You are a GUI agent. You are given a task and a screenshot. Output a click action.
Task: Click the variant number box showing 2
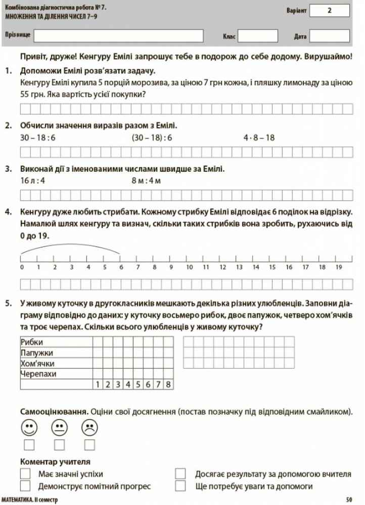coord(329,10)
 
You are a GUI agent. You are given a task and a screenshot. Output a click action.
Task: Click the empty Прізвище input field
coord(118,35)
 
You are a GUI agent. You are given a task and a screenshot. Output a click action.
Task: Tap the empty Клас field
coord(258,36)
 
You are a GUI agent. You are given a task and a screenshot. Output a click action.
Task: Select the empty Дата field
coord(329,36)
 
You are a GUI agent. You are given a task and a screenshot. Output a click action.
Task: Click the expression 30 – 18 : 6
coord(38,137)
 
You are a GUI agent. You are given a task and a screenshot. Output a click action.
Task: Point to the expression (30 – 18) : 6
coord(152,137)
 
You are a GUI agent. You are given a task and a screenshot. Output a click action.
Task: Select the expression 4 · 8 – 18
coord(259,137)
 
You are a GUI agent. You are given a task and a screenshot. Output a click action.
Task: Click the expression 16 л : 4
coord(33,180)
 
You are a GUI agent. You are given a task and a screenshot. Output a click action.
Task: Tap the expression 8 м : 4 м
coord(146,180)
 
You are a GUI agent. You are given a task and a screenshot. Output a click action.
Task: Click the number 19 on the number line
coord(339,267)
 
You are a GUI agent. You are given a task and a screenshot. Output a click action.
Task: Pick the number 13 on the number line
coord(239,267)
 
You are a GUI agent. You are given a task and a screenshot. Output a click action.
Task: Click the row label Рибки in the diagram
coord(32,342)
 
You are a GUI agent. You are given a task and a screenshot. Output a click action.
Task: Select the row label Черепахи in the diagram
coord(38,374)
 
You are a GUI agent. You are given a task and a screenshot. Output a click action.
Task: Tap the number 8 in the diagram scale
coord(168,385)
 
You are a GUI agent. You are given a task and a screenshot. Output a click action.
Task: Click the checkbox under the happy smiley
coord(29,445)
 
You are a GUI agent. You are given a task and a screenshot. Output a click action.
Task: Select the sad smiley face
coord(89,428)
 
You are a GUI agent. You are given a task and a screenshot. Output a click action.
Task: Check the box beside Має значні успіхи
coord(25,474)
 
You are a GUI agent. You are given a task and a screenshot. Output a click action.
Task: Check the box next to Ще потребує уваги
coord(180,486)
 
